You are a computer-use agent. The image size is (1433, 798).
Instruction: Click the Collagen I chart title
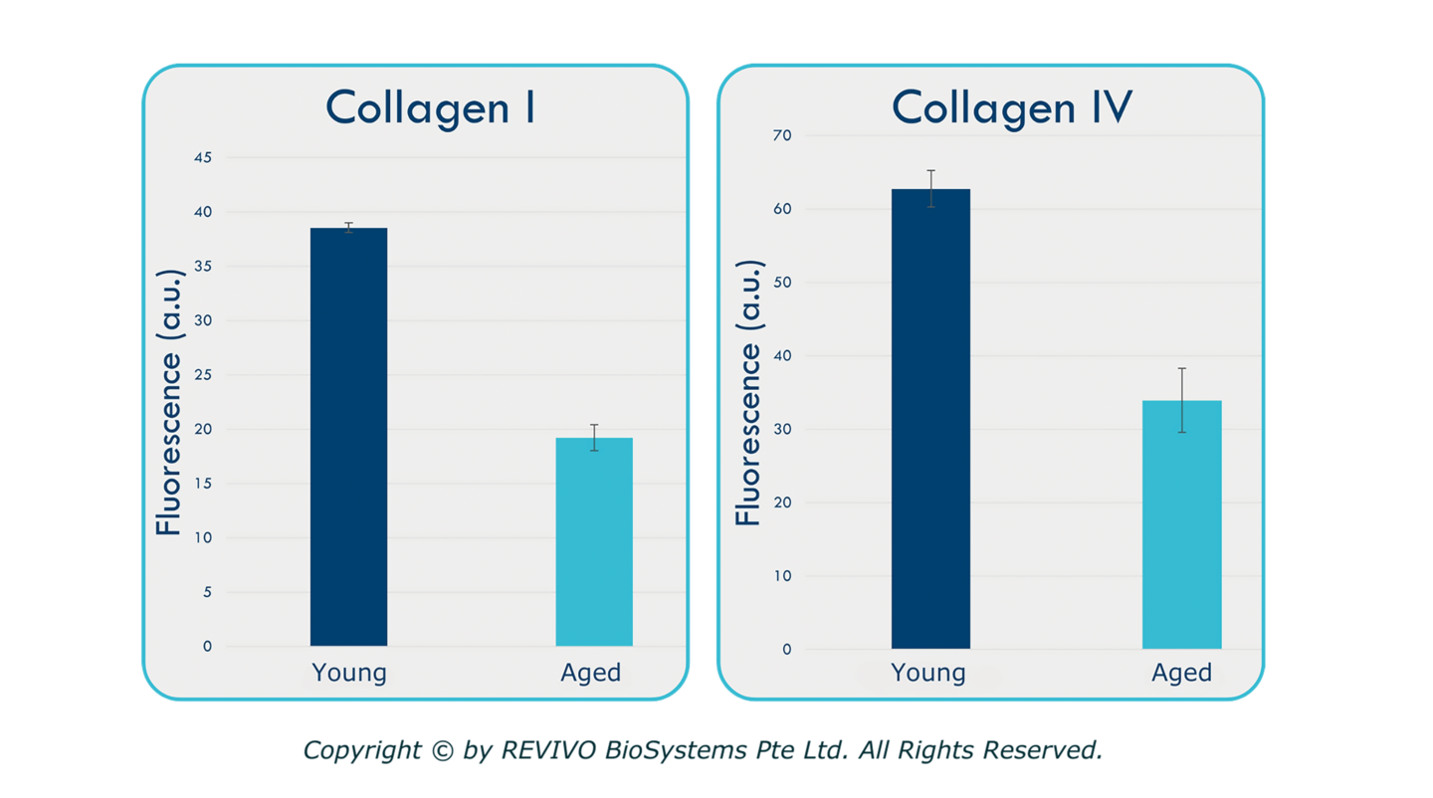coord(430,108)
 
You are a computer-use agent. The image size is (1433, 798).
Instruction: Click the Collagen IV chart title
coord(1011,108)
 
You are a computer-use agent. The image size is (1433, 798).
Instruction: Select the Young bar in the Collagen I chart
coord(348,438)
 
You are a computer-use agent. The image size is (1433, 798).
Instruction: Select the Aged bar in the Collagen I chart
coord(594,542)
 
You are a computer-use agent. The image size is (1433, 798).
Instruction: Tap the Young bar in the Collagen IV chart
coord(930,419)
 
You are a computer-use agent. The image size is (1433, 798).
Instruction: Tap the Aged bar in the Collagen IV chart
coord(1181,524)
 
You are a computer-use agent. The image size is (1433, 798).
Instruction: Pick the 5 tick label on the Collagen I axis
coord(208,592)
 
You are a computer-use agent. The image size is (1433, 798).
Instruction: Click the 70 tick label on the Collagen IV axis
coord(785,135)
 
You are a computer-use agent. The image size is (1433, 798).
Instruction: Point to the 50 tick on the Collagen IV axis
coord(785,283)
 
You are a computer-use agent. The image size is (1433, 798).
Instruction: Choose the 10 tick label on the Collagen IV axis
coord(785,576)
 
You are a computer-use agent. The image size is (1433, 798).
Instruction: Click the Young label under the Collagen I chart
coord(348,674)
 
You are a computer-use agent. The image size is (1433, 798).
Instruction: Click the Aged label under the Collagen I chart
coord(591,674)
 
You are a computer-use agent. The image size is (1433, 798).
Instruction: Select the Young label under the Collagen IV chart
coord(928,674)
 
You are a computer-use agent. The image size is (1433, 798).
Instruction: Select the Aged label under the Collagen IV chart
coord(1181,674)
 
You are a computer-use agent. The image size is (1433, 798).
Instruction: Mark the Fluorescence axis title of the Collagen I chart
coord(170,402)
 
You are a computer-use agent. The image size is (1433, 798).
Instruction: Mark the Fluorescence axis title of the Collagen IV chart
coord(748,392)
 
